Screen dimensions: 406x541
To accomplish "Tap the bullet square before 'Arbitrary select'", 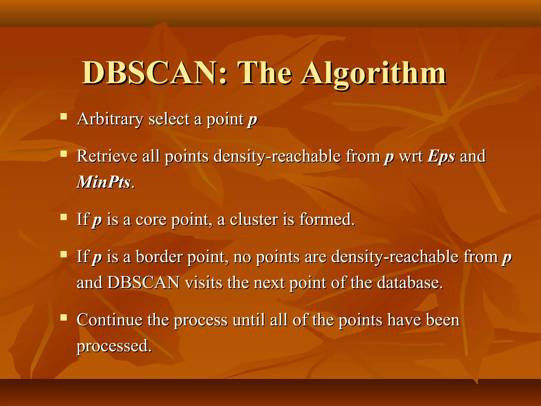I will [64, 116].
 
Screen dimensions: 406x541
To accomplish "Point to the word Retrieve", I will [107, 156].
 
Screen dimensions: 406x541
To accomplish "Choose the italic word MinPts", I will [104, 182].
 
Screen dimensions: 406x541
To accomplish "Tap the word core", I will [151, 219].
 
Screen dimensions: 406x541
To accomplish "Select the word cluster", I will [254, 219].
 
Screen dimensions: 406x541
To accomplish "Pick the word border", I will [159, 257].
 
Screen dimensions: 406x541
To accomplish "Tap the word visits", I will [203, 283].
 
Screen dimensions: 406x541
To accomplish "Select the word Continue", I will [110, 320].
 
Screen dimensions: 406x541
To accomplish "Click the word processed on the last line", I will [114, 346].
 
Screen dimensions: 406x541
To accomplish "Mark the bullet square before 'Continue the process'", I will [64, 317].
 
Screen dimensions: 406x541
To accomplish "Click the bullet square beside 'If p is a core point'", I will [64, 217].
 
